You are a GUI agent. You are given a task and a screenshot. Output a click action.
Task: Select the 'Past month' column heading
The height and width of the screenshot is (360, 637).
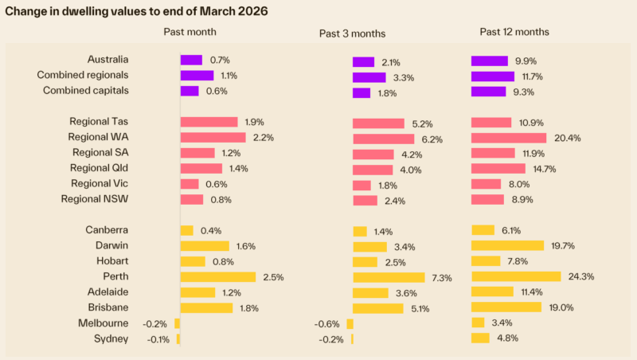click(190, 32)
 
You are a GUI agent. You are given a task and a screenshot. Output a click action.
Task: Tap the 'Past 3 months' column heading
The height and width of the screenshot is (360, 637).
click(352, 33)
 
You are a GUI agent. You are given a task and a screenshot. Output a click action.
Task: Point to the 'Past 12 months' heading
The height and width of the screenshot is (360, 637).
click(514, 32)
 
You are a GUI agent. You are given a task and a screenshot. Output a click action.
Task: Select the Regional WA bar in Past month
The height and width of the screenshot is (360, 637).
click(212, 137)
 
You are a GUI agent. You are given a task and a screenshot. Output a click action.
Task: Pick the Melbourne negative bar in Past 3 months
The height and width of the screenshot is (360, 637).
click(350, 323)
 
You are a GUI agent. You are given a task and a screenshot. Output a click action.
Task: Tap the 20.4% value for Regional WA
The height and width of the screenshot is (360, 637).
click(566, 138)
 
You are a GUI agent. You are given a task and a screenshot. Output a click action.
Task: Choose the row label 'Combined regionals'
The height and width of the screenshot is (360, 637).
click(83, 75)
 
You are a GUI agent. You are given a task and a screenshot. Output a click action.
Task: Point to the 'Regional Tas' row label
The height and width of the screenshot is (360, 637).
click(100, 122)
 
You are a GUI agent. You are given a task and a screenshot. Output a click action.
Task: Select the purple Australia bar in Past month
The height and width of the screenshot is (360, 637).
click(191, 60)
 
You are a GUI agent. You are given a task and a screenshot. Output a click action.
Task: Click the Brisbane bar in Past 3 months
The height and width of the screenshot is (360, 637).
click(379, 308)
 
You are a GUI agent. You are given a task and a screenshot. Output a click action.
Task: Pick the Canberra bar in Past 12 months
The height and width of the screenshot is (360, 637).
click(483, 230)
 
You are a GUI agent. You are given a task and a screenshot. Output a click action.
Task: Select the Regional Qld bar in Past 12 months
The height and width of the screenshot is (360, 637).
click(498, 168)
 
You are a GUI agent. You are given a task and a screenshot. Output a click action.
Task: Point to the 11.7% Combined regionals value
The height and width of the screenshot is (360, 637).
click(531, 76)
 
